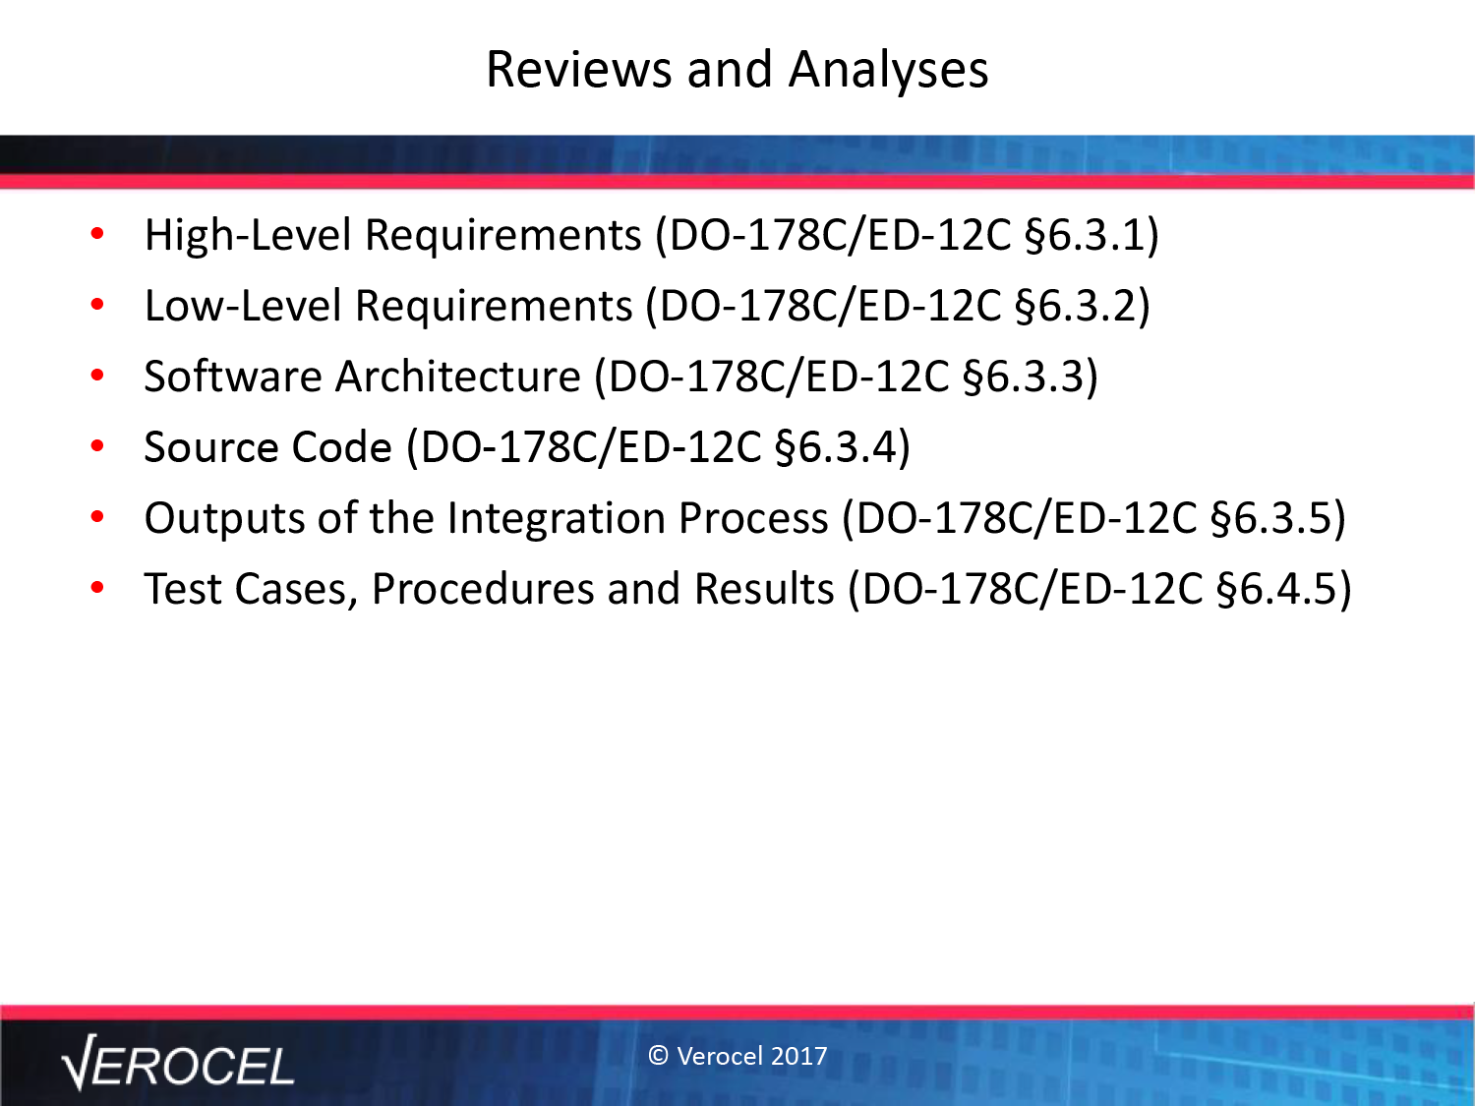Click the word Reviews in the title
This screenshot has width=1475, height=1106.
point(578,69)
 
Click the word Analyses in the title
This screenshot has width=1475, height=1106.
point(888,69)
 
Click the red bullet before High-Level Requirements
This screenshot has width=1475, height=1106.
point(97,234)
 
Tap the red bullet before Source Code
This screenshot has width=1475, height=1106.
point(97,445)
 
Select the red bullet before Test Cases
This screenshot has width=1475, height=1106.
point(97,588)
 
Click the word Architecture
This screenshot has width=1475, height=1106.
point(458,377)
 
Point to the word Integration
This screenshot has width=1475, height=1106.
point(556,518)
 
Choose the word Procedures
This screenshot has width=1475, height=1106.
point(483,588)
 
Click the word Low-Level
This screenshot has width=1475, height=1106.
point(244,306)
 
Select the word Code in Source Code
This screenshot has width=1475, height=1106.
point(341,446)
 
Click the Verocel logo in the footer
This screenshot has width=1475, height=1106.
point(177,1063)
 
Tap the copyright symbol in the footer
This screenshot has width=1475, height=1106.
point(658,1056)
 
